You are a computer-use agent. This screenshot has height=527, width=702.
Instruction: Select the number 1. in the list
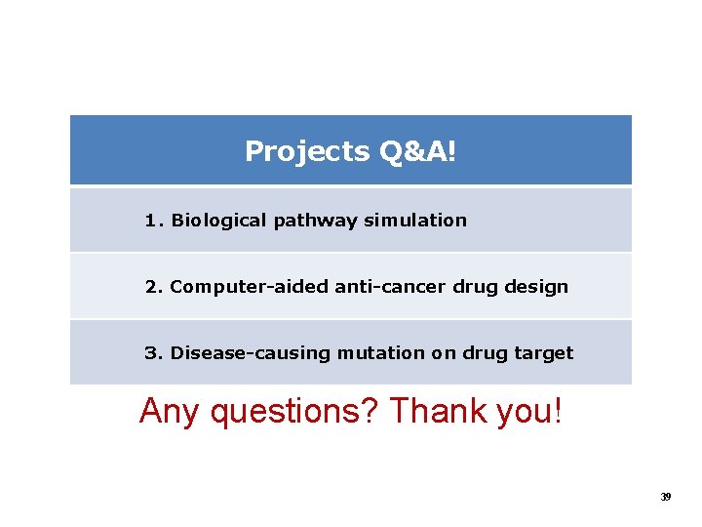pos(154,221)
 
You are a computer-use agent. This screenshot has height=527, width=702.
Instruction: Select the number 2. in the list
pos(154,287)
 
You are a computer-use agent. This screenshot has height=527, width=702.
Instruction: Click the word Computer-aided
pos(250,287)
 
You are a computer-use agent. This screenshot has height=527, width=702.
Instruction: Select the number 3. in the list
pos(154,353)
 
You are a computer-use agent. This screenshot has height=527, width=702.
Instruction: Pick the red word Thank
pos(439,412)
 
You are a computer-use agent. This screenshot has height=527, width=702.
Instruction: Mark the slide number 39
pos(666,497)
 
